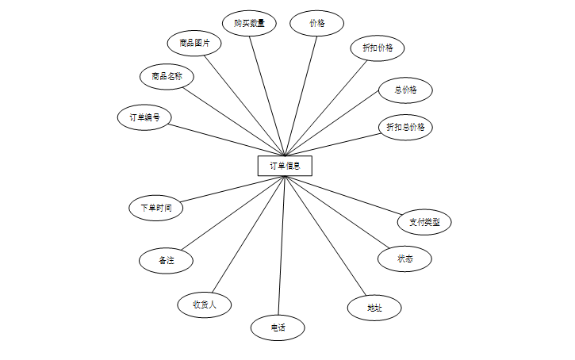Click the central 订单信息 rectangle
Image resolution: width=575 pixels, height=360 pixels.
[x=285, y=166]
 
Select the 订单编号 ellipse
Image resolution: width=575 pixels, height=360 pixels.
[x=144, y=117]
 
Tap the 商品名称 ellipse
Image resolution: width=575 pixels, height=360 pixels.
[x=167, y=77]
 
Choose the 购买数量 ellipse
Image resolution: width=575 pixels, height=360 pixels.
[x=249, y=24]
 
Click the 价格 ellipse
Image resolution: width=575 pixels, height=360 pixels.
[x=317, y=24]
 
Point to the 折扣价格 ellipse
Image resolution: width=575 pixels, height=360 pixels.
[x=378, y=48]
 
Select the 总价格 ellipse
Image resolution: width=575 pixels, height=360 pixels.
[x=405, y=90]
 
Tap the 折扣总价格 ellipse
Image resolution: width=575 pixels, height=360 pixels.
[x=405, y=127]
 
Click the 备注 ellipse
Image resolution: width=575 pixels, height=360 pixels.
[x=166, y=260]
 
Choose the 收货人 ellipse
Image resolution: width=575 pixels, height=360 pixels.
[x=205, y=304]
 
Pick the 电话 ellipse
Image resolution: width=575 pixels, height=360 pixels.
[x=278, y=327]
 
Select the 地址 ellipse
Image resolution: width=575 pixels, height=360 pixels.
[x=374, y=308]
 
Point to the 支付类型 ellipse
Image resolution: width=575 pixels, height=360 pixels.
[x=424, y=222]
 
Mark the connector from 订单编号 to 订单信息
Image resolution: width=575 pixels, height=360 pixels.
[x=226, y=139]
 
